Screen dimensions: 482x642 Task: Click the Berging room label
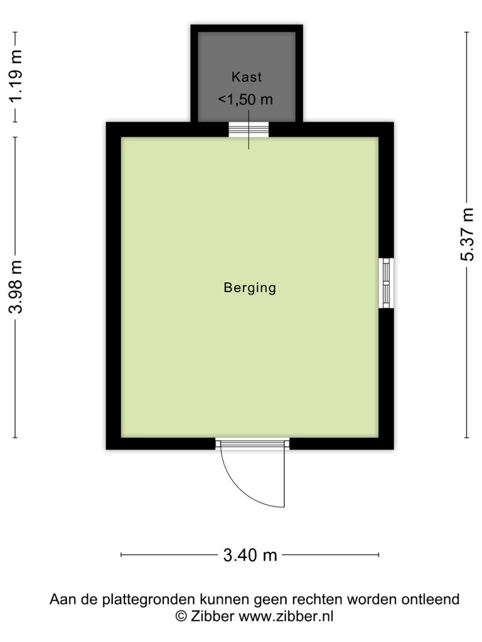click(x=250, y=288)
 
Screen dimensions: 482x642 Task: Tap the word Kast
click(x=246, y=77)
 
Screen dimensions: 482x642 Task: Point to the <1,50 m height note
click(x=245, y=100)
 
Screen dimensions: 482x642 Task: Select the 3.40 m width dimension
click(x=250, y=555)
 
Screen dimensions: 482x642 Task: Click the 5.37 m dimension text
click(x=467, y=234)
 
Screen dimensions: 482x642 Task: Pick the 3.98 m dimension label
click(x=16, y=287)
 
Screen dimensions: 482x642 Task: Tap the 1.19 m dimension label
click(x=16, y=76)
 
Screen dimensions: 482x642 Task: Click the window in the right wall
click(x=386, y=283)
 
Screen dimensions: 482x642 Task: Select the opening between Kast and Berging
click(x=249, y=129)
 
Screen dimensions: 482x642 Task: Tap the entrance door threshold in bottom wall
click(x=252, y=443)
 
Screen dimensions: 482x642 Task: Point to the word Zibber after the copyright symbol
click(x=212, y=616)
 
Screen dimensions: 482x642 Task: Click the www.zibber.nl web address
click(x=286, y=616)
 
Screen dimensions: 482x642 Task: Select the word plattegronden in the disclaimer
click(x=148, y=599)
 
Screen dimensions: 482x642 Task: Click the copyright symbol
click(x=181, y=616)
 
